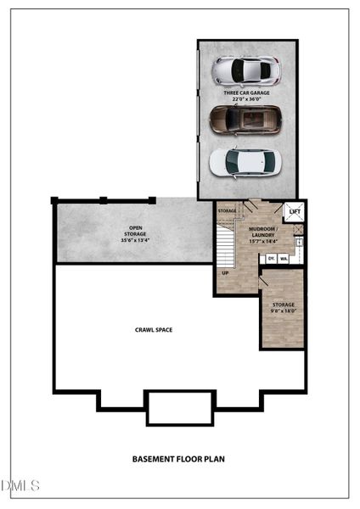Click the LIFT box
[295, 212]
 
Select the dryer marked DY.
[271, 258]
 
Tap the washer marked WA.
[283, 258]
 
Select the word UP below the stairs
[225, 273]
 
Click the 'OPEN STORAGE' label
[135, 230]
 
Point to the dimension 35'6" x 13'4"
[135, 241]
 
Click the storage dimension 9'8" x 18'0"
[283, 310]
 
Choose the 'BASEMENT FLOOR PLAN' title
[178, 459]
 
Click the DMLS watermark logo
[20, 485]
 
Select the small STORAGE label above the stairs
[227, 210]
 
